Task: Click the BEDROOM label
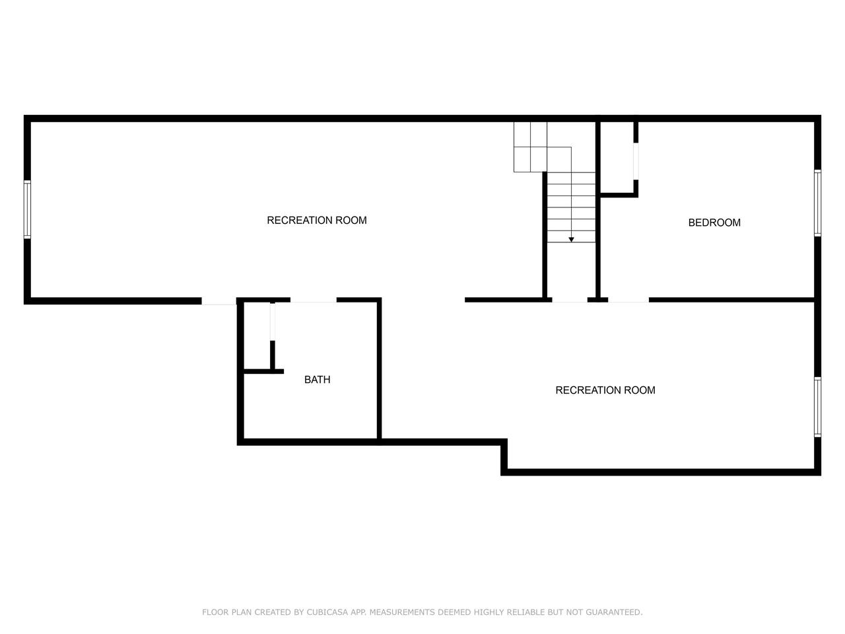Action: (714, 223)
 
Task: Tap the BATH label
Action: (318, 380)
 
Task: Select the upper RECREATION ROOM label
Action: (317, 220)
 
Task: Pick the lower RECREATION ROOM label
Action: (605, 390)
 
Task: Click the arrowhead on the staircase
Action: (571, 240)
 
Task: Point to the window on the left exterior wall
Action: (27, 209)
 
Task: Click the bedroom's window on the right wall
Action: (818, 203)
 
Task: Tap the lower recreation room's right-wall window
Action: (818, 407)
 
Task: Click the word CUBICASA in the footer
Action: (327, 612)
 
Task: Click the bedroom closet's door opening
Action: (636, 161)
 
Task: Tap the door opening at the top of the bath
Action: (314, 300)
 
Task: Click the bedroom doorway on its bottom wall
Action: (628, 300)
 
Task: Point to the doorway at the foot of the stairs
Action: (570, 300)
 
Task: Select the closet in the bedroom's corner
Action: (617, 157)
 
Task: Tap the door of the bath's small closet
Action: (273, 322)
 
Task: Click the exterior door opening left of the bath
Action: (219, 301)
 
